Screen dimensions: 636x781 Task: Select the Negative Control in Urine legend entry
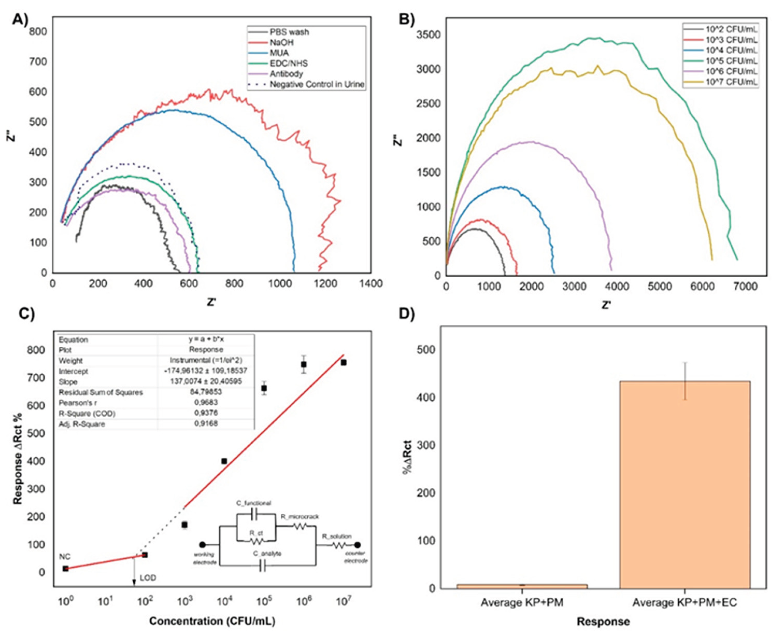317,84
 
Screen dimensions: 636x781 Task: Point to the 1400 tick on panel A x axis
371,284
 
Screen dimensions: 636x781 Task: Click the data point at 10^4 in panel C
224,461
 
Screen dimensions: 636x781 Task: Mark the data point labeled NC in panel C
66,568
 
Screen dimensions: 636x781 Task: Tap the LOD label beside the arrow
148,578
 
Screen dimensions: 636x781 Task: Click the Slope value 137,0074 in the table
206,381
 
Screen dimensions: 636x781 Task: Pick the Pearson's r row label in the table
78,403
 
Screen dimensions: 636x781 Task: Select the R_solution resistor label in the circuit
337,536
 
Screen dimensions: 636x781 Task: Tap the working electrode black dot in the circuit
202,545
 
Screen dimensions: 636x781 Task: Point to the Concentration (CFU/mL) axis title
212,621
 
